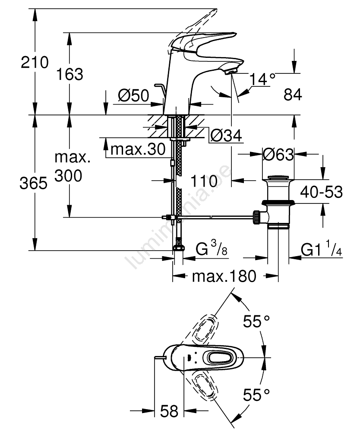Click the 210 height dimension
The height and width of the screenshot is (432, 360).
[35, 63]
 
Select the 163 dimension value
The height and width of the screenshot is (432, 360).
[69, 74]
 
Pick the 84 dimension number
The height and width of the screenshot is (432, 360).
[292, 95]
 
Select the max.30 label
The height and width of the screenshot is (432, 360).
[138, 149]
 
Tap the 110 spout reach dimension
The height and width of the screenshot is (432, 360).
[205, 182]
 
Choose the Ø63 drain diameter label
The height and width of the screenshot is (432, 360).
[278, 154]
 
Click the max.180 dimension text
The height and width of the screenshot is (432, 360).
[224, 276]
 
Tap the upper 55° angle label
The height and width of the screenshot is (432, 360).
[256, 321]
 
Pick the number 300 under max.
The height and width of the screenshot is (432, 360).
[68, 176]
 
